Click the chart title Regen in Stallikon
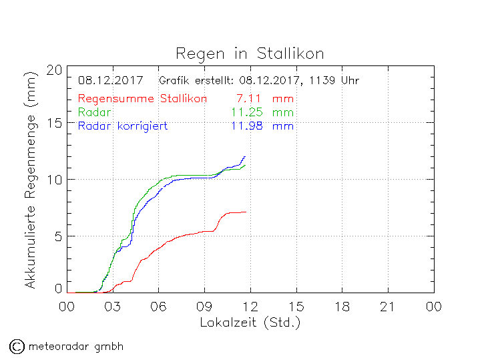click(x=250, y=53)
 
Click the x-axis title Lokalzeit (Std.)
click(x=250, y=322)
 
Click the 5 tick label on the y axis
click(x=59, y=236)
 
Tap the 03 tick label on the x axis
click(x=113, y=307)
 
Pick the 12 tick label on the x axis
click(x=250, y=307)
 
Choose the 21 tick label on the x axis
click(x=388, y=307)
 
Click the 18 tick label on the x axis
click(x=342, y=307)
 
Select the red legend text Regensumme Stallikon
click(x=142, y=99)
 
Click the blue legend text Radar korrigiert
click(x=122, y=126)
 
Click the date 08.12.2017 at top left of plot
click(x=110, y=81)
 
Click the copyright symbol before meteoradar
click(x=17, y=346)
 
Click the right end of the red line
click(x=246, y=212)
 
